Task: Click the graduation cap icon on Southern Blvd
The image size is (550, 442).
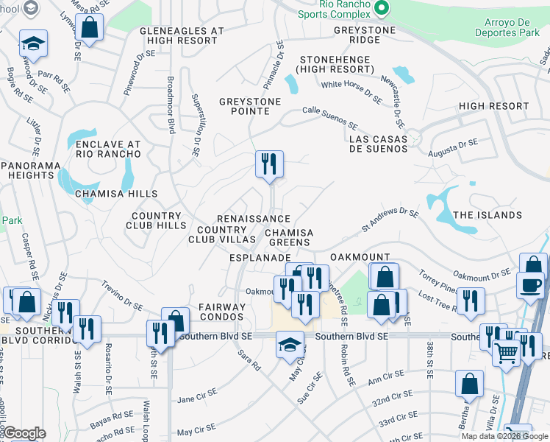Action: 290,343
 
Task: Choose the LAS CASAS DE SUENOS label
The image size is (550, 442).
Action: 378,142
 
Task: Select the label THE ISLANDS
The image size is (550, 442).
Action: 488,215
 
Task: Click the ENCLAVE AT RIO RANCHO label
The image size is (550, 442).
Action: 108,148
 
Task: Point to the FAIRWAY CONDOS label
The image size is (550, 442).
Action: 221,312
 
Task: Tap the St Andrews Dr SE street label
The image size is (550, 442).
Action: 390,220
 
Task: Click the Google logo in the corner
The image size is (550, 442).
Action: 24,433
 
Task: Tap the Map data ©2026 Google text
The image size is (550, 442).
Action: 504,436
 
